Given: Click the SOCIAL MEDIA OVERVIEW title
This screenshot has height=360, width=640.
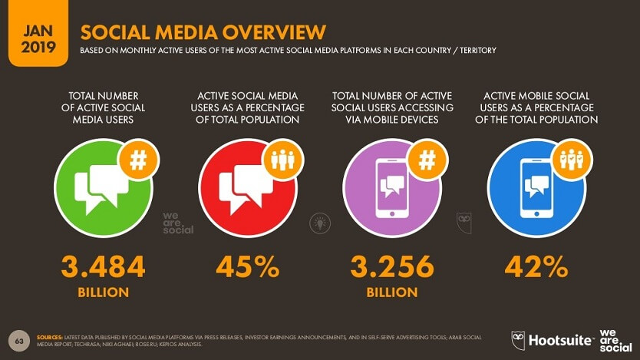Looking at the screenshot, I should (x=203, y=31).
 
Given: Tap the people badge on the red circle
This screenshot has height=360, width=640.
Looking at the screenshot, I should (x=284, y=160).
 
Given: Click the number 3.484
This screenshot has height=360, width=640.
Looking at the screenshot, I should (x=103, y=267).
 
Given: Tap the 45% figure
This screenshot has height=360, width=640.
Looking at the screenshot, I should (x=247, y=267).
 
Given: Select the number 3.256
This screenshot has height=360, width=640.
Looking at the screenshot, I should (x=392, y=267).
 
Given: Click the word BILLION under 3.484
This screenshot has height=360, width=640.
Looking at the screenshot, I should (x=103, y=292).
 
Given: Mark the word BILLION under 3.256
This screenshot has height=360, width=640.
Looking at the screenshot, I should (x=392, y=292).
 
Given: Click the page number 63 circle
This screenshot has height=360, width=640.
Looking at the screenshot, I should (x=18, y=339).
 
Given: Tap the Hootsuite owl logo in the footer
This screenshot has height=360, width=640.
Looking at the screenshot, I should (x=519, y=339).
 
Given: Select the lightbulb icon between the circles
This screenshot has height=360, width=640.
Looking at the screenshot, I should (x=318, y=223).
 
